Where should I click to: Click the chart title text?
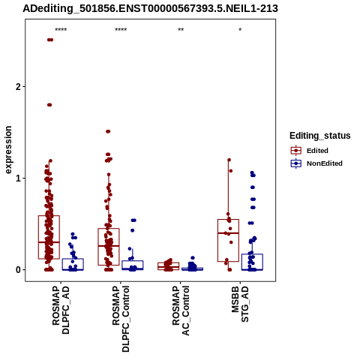[x=150, y=8]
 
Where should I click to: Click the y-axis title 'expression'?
[x=8, y=150]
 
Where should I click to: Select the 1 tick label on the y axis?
[x=18, y=178]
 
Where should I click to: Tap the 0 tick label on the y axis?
[x=18, y=270]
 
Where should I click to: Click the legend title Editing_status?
[x=320, y=136]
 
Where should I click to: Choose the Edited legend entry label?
[x=317, y=151]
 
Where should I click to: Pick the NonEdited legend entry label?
[x=325, y=163]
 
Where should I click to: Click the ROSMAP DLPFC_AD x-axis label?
[x=61, y=310]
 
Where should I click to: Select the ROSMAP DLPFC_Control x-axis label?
[x=121, y=319]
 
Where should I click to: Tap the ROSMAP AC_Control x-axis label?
[x=181, y=310]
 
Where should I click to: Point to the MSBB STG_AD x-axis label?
[x=240, y=304]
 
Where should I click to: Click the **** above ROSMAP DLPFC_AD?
[x=61, y=30]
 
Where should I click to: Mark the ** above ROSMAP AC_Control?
[x=181, y=30]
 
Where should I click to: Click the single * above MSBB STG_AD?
[x=240, y=30]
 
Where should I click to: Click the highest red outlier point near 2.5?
[x=50, y=40]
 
